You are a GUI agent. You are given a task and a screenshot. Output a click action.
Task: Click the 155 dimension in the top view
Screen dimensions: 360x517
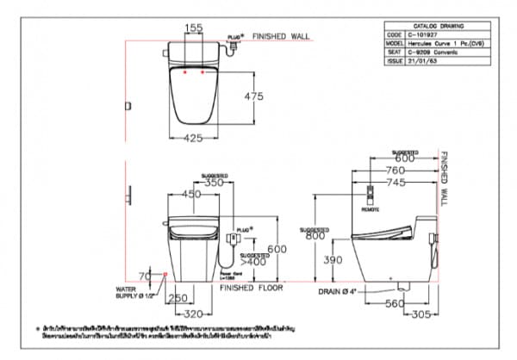195,28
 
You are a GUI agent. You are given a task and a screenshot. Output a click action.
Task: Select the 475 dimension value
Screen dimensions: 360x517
253,96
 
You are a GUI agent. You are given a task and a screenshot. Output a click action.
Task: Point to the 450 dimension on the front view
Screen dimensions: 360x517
191,194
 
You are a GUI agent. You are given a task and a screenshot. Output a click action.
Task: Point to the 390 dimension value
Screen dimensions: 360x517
322,259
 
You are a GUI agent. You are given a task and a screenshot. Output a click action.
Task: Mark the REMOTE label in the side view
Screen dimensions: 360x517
370,208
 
